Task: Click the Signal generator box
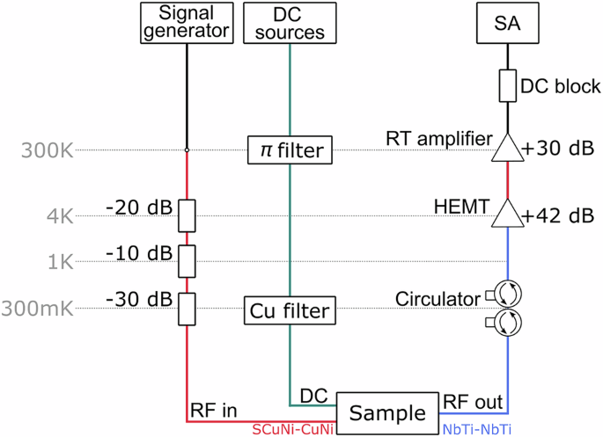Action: click(186, 23)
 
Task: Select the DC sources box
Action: click(290, 23)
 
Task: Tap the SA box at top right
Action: click(506, 23)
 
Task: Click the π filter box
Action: click(290, 151)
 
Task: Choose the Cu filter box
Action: click(290, 310)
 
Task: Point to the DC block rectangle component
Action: click(506, 86)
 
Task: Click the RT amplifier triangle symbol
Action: click(506, 149)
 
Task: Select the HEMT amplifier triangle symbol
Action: click(506, 213)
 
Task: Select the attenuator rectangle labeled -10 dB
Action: click(187, 259)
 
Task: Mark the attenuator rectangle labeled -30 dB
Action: click(187, 307)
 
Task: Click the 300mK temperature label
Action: click(36, 309)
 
